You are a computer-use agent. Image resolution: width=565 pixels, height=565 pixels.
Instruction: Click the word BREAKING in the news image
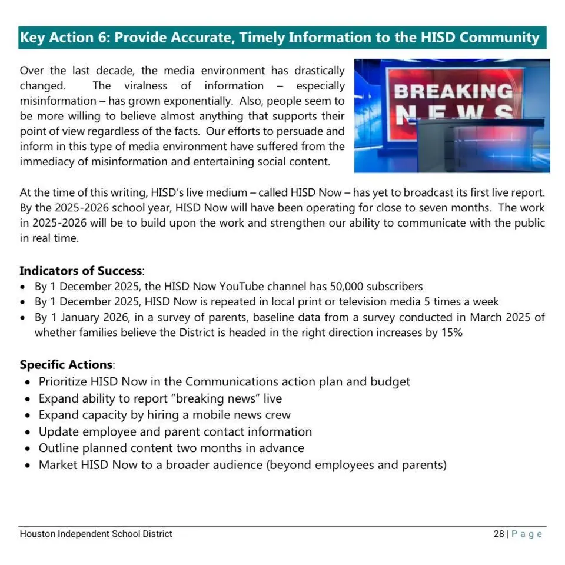(453, 91)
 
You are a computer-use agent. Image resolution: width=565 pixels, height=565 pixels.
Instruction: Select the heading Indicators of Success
(81, 271)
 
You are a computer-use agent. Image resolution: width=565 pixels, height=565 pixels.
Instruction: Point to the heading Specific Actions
(66, 364)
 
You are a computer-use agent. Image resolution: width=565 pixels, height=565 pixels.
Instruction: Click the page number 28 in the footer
(498, 534)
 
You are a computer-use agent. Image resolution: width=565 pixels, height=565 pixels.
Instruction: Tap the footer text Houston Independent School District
(96, 534)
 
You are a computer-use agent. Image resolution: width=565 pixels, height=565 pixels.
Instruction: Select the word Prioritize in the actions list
(67, 381)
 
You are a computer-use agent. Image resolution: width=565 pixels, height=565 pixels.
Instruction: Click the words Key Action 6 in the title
(64, 38)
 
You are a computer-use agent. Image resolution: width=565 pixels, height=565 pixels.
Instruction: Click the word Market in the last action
(58, 465)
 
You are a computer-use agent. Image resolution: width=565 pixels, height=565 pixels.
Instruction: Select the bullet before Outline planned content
(27, 448)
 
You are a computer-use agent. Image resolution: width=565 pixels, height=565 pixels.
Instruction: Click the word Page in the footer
(527, 534)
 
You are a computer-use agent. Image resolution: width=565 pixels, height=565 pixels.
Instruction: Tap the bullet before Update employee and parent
(27, 432)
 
